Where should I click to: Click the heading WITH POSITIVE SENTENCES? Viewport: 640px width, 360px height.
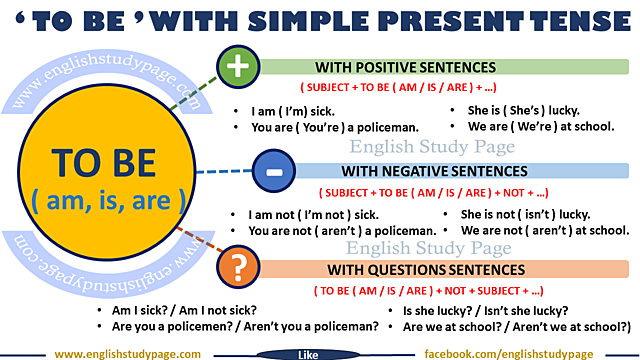pos(405,68)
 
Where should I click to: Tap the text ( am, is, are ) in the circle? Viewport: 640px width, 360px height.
pos(107,199)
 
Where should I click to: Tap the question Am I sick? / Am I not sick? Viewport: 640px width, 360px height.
pos(185,311)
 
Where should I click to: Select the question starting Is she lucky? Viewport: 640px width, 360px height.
pos(485,311)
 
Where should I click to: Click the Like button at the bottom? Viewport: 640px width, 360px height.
pos(309,354)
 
